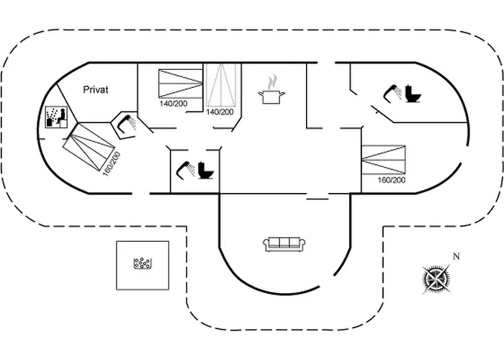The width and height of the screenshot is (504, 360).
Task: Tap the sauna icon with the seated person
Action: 56,117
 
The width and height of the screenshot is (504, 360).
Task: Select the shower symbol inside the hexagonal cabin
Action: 127,122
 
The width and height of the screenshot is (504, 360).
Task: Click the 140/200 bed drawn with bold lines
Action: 179,84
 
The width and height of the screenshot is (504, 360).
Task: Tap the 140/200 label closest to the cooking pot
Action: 220,112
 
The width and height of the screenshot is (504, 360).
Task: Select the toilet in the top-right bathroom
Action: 413,94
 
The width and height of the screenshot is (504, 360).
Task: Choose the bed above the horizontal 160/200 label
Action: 383,159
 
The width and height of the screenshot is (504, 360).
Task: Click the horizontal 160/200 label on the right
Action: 391,179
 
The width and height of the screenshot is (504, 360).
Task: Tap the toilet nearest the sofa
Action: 207,170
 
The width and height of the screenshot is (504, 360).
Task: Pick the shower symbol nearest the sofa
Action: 185,168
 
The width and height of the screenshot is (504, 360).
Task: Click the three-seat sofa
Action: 282,243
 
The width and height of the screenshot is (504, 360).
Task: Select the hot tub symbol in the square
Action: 143,264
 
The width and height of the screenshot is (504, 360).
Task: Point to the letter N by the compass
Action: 456,256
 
